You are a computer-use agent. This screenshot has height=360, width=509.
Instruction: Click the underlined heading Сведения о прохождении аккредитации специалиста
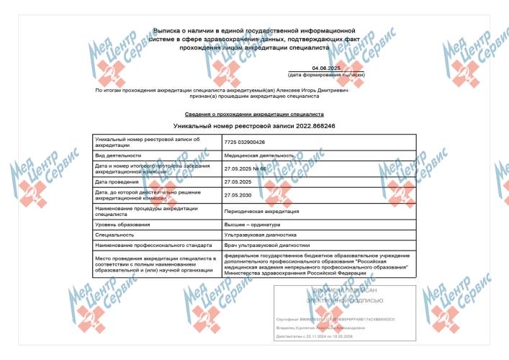(255, 114)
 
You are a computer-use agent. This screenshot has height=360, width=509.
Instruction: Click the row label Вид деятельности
(118, 156)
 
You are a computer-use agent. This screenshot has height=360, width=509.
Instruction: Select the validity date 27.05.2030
(238, 195)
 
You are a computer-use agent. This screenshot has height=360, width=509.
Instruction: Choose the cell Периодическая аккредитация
(261, 211)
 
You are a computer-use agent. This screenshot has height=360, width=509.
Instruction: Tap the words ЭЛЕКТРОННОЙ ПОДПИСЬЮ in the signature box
(340, 300)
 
